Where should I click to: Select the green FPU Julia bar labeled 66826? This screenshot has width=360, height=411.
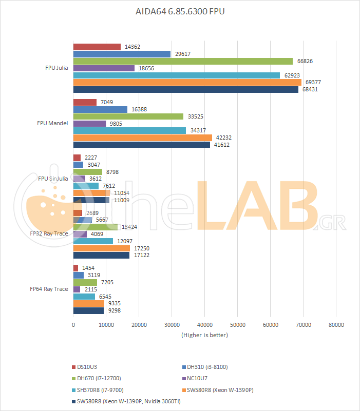pyautogui.click(x=183, y=61)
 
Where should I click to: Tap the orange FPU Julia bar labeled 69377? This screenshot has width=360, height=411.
pyautogui.click(x=187, y=82)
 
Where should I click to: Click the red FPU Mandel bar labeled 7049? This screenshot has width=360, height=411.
pyautogui.click(x=85, y=102)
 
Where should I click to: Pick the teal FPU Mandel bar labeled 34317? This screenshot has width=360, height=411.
pyautogui.click(x=129, y=130)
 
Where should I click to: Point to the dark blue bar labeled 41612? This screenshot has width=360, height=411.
pyautogui.click(x=142, y=145)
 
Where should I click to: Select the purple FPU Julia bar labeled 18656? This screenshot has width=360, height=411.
pyautogui.click(x=104, y=68)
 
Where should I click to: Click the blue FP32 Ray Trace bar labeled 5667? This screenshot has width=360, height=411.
pyautogui.click(x=83, y=220)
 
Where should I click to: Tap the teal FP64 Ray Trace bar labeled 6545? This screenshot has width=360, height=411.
pyautogui.click(x=84, y=296)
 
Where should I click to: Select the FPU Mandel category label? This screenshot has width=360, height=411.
pyautogui.click(x=52, y=123)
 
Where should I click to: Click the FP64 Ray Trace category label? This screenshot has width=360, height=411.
pyautogui.click(x=49, y=289)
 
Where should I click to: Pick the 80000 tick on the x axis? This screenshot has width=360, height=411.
pyautogui.click(x=336, y=325)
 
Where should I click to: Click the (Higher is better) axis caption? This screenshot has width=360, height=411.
pyautogui.click(x=204, y=335)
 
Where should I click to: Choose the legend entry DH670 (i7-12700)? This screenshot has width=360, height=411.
pyautogui.click(x=100, y=378)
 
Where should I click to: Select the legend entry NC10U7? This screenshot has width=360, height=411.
pyautogui.click(x=198, y=378)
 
